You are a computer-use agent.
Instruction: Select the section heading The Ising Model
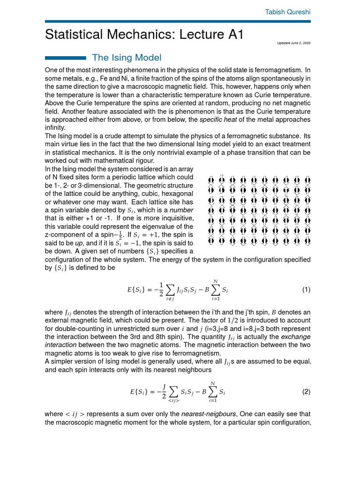(x=127, y=58)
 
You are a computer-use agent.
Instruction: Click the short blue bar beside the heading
(x=65, y=58)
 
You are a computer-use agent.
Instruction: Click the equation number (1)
(x=306, y=290)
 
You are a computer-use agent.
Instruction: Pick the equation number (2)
(x=306, y=392)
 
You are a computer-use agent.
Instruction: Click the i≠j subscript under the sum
(x=157, y=299)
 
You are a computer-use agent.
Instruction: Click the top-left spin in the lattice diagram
(x=210, y=181)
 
